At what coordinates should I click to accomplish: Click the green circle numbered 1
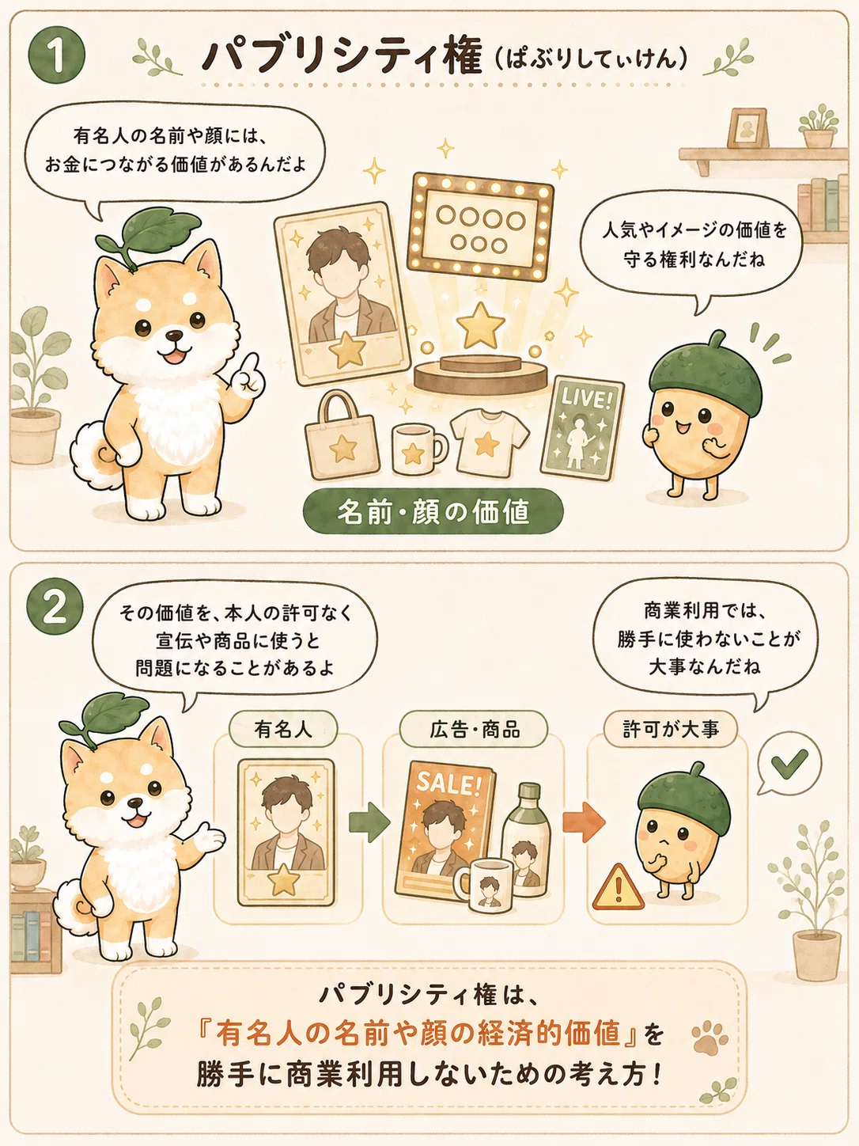tap(57, 55)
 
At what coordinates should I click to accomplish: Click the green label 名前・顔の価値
tap(433, 511)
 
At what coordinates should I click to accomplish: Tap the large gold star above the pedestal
tap(480, 324)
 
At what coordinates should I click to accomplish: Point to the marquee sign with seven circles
tap(480, 225)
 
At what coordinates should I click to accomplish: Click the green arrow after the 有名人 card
tap(370, 822)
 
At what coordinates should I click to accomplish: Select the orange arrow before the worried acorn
tap(584, 822)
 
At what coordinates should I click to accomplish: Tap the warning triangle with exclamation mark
tap(618, 886)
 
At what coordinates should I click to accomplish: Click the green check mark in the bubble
tap(789, 763)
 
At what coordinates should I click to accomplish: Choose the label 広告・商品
tap(474, 730)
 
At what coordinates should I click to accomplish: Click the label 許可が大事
tap(670, 730)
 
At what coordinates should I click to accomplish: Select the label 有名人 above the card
tap(283, 730)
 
